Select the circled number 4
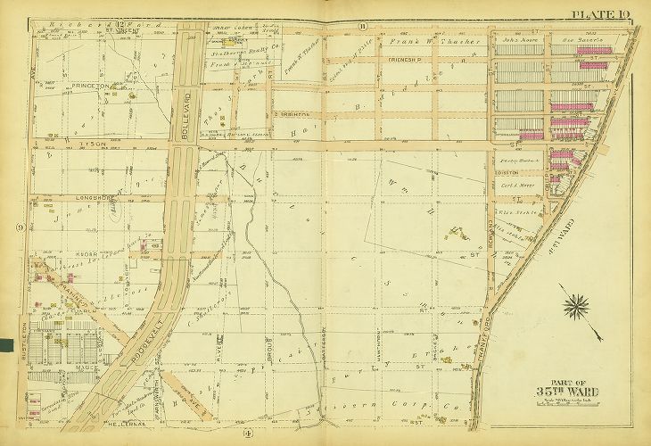coord(246,434)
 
